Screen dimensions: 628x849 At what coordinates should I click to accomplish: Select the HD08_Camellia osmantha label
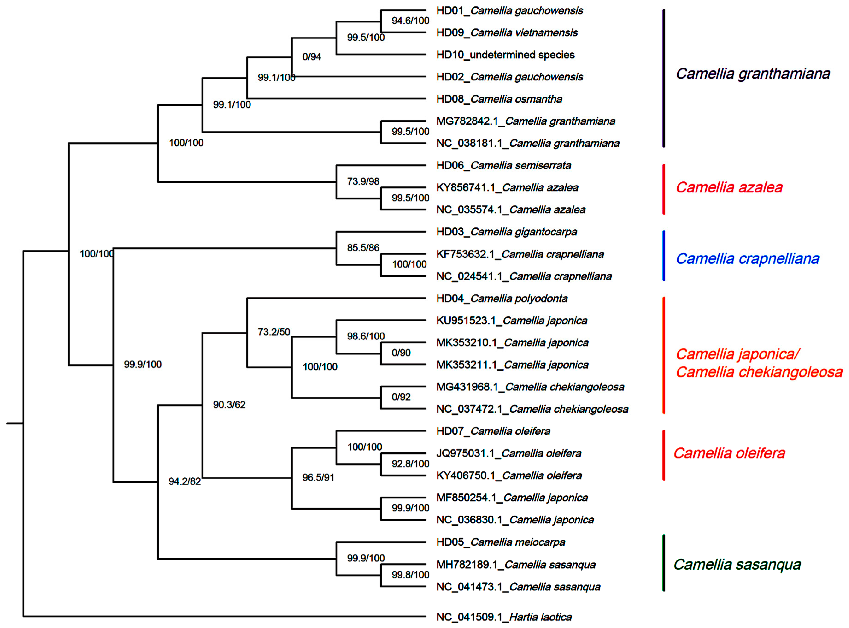[x=499, y=99]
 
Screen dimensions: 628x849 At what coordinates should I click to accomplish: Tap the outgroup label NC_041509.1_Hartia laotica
[x=504, y=617]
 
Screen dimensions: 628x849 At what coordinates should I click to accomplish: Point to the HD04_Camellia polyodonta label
[x=502, y=298]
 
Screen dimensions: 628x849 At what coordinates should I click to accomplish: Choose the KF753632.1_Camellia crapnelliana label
[x=520, y=254]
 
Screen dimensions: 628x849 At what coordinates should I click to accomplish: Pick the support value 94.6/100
[x=410, y=21]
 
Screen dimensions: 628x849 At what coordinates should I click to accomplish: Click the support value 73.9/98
[x=363, y=181]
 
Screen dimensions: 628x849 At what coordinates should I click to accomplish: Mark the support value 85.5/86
[x=363, y=248]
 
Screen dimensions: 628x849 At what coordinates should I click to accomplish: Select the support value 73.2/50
[x=274, y=332]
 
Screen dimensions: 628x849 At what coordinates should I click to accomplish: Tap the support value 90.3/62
[x=229, y=404]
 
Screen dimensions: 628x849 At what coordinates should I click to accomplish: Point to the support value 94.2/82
[x=184, y=481]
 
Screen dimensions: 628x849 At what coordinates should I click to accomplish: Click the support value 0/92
[x=401, y=397]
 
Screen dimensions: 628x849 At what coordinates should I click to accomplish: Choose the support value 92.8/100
[x=410, y=463]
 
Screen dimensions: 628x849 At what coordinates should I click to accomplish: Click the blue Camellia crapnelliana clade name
[x=747, y=259]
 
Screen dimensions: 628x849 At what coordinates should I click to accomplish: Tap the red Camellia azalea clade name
[x=729, y=187]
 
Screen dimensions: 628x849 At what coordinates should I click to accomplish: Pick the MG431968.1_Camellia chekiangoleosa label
[x=530, y=387]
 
